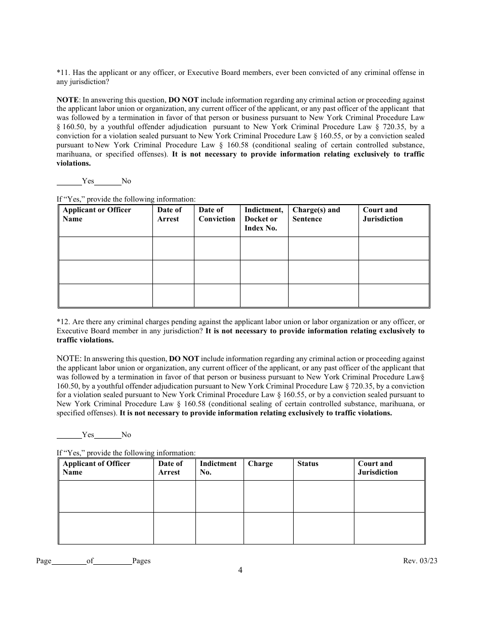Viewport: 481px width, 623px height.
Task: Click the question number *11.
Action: (63, 72)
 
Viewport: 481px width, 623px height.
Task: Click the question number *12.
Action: (63, 322)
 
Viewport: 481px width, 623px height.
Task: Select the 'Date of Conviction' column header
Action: (217, 215)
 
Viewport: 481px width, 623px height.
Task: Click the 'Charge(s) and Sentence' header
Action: (316, 215)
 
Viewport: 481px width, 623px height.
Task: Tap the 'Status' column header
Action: (308, 463)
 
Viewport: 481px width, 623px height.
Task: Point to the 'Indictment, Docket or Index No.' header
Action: (264, 219)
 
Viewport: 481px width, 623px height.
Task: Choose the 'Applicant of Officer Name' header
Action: (96, 468)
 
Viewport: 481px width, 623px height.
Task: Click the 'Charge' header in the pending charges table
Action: (260, 463)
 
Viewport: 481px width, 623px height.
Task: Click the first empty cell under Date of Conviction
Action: (217, 248)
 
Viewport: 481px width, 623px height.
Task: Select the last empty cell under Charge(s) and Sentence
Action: (323, 295)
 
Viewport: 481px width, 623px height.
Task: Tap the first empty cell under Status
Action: (323, 496)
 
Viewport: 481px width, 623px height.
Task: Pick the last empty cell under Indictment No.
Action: (219, 528)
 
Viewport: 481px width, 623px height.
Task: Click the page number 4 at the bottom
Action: (240, 570)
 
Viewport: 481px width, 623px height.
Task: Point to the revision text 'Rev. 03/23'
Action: (420, 561)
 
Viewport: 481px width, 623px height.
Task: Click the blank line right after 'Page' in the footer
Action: (69, 561)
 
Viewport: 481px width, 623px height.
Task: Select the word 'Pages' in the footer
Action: (141, 561)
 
